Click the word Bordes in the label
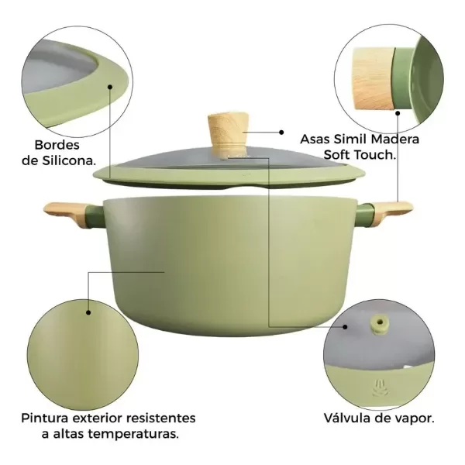click(58, 145)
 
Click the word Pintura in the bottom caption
click(48, 418)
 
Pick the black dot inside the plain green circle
click(88, 312)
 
